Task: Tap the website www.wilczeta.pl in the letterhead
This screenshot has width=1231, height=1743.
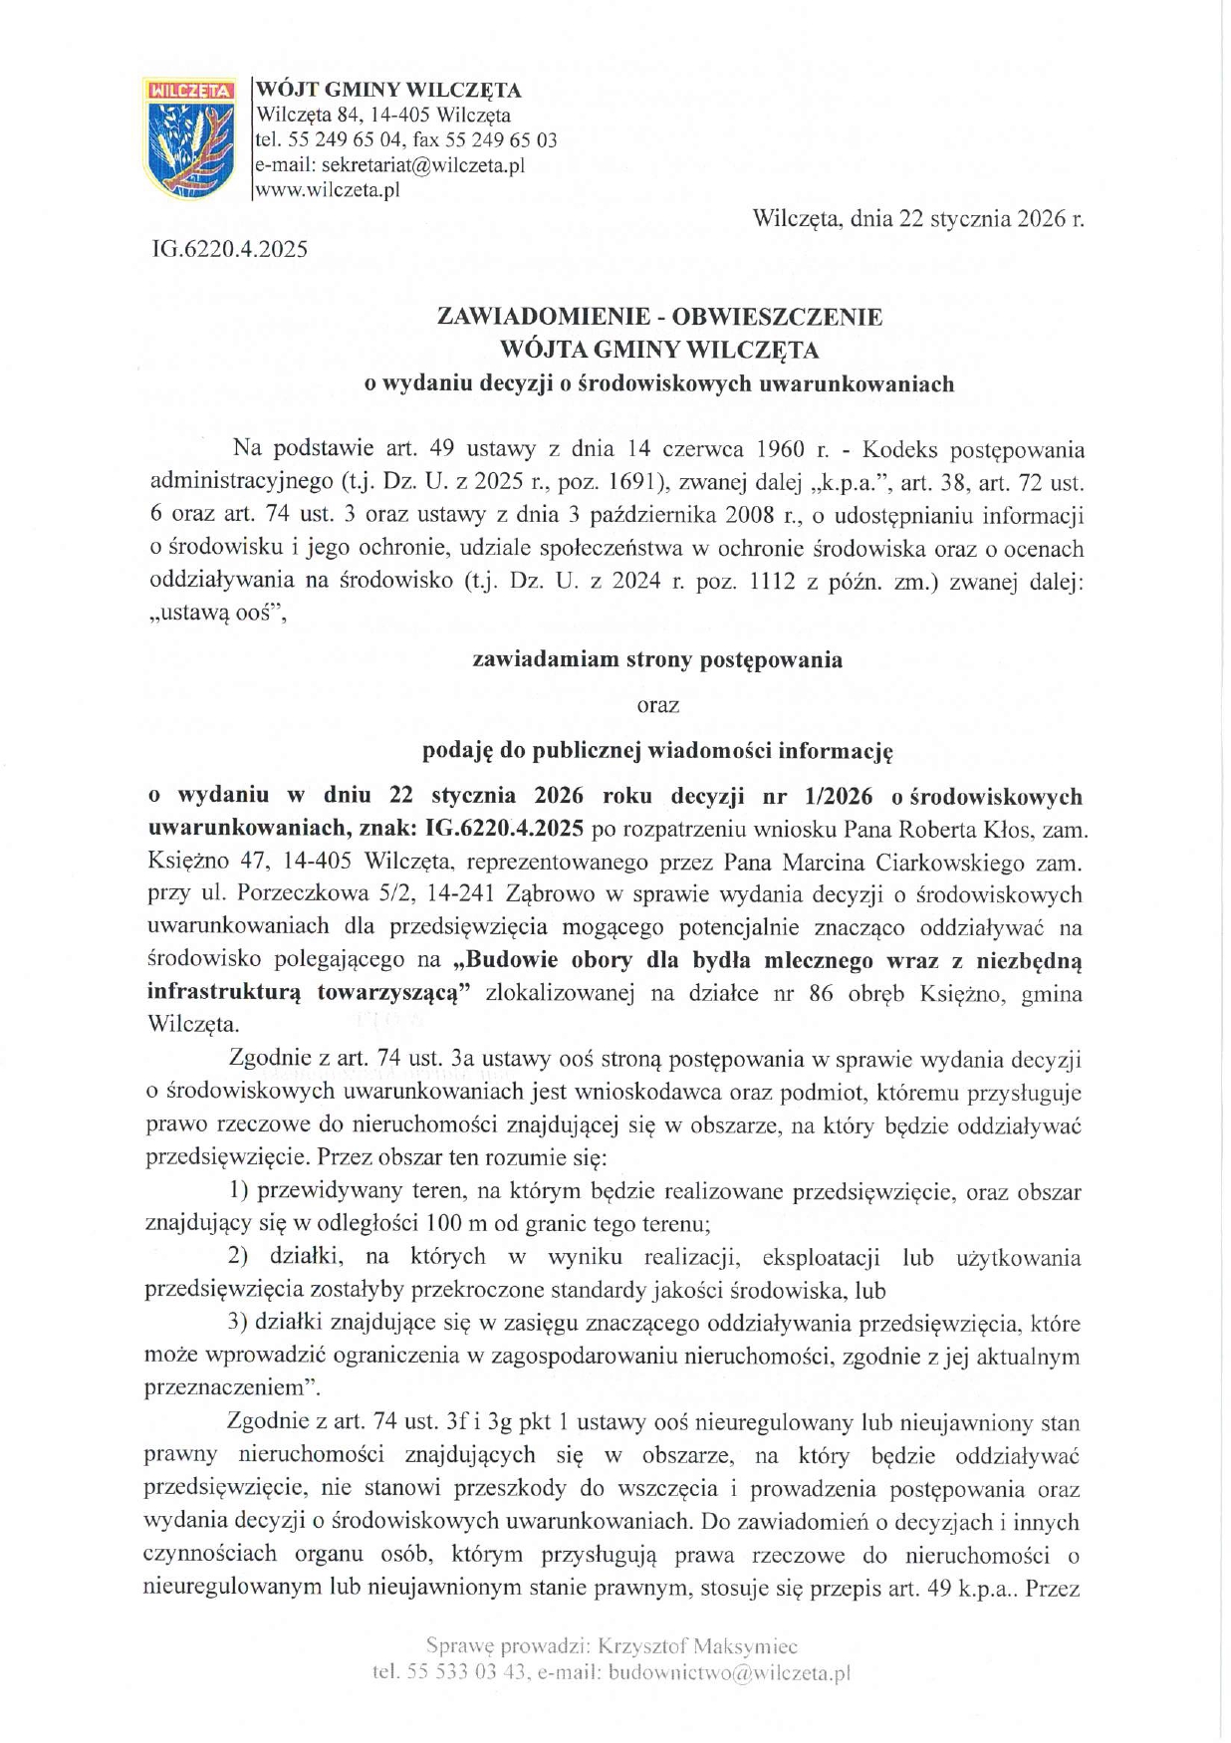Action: (x=328, y=191)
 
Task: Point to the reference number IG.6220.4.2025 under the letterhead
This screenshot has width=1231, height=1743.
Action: (x=228, y=248)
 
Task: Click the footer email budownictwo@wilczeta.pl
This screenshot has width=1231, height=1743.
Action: (x=728, y=1673)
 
